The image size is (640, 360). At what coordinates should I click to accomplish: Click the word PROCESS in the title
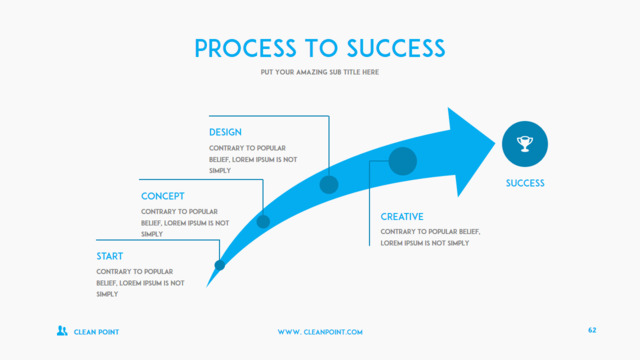click(245, 48)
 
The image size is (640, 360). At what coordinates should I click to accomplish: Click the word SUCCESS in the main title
click(396, 48)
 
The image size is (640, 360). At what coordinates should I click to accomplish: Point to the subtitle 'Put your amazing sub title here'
click(320, 72)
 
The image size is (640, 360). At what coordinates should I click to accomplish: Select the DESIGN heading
click(225, 132)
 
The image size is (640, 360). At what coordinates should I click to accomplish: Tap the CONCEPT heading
click(162, 196)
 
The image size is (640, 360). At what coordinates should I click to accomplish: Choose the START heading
click(109, 256)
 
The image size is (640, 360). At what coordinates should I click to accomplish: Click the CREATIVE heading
click(402, 217)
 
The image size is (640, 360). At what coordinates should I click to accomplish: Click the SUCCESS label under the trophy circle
click(525, 183)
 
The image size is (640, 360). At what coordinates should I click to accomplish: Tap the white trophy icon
click(525, 144)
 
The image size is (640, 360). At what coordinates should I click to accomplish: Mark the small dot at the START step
click(220, 265)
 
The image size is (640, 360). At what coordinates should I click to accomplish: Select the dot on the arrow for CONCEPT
click(263, 222)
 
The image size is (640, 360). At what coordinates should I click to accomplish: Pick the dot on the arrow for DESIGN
click(329, 184)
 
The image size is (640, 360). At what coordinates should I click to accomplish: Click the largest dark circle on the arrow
click(403, 161)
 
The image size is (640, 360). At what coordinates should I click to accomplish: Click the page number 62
click(592, 330)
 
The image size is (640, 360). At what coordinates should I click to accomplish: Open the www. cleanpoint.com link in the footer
click(320, 332)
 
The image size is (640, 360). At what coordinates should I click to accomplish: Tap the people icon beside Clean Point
click(62, 331)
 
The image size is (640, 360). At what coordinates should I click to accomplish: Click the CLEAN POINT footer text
click(96, 332)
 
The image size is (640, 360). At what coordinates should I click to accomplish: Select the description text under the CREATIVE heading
click(430, 237)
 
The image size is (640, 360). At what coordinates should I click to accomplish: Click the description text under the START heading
click(140, 283)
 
